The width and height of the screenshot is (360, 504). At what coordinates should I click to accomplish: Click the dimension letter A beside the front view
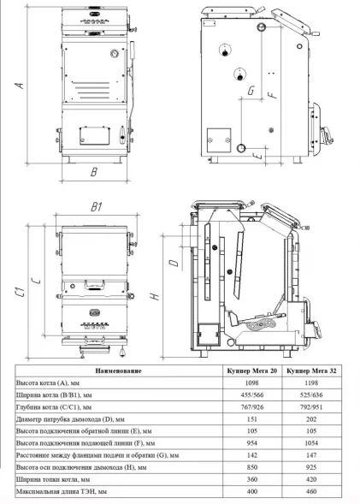[x=20, y=86]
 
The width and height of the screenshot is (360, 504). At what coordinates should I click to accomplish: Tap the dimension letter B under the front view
[x=94, y=172]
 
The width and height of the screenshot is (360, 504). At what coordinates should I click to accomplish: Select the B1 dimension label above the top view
[x=97, y=207]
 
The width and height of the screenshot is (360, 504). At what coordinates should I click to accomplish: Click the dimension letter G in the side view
[x=251, y=91]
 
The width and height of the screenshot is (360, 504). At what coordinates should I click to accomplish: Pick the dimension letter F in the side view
[x=273, y=93]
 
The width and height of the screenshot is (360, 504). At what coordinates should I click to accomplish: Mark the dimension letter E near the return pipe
[x=257, y=157]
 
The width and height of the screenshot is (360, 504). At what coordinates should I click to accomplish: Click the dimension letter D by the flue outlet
[x=174, y=263]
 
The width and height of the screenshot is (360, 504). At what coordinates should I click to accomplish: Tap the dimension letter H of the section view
[x=155, y=296]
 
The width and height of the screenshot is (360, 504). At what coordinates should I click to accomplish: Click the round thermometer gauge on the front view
[x=115, y=53]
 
